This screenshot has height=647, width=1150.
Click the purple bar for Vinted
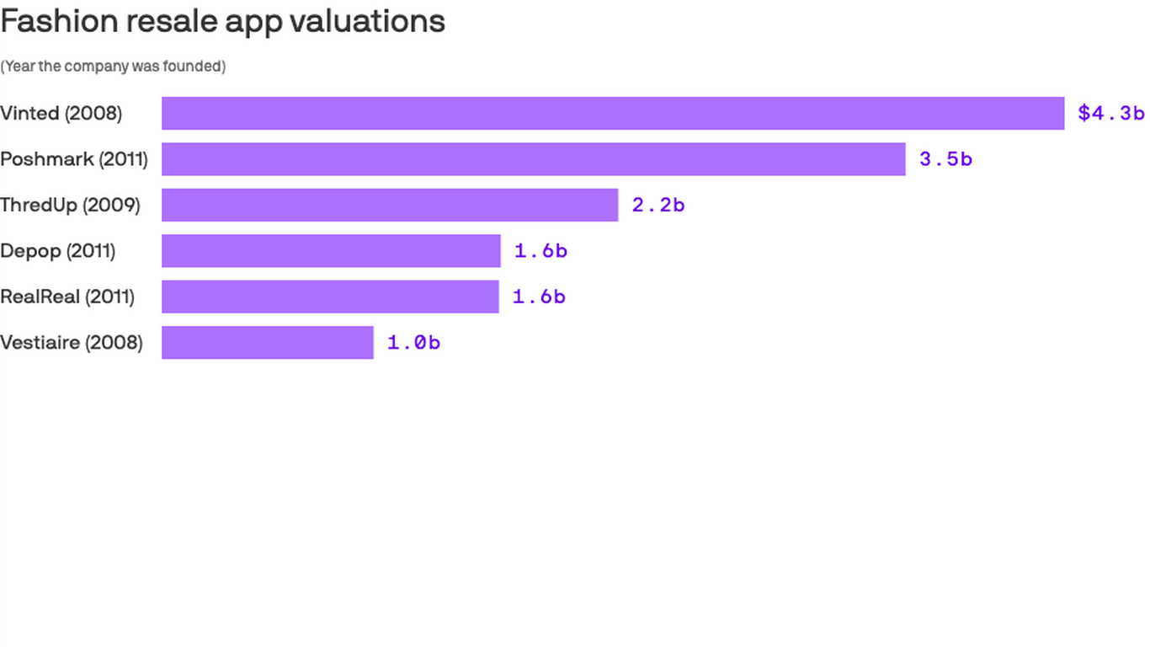coord(613,113)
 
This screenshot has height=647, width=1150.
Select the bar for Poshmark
coord(533,159)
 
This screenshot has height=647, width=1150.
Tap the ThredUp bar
coord(390,205)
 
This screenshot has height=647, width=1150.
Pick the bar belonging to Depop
coord(331,251)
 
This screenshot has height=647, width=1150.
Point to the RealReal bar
coord(330,297)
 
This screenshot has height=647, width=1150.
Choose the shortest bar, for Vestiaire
coord(268,343)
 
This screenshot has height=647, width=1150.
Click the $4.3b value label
coord(1110,113)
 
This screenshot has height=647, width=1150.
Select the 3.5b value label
coord(945,159)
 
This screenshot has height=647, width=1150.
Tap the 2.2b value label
coord(658,205)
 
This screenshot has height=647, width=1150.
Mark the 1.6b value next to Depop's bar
coord(540,251)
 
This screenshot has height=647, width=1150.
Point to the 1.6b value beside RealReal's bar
coord(539,297)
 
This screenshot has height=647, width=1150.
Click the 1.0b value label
coord(413,343)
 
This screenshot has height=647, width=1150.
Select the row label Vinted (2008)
coord(61,113)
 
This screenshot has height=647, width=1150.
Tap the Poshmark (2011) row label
coord(74,159)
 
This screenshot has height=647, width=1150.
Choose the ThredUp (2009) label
coord(71,205)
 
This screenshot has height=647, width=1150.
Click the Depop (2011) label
coord(58,251)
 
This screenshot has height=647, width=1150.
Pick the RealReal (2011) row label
coord(67,297)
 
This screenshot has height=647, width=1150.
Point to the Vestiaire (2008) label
coord(72,343)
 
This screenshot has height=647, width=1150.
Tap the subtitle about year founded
coord(113,66)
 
